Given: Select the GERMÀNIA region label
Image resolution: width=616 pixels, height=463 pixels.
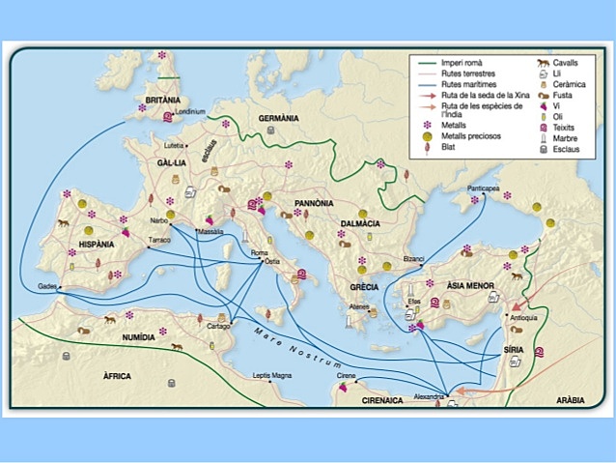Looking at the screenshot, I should pos(280,118).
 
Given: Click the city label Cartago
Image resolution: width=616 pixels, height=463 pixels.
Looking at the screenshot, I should pos(219,327).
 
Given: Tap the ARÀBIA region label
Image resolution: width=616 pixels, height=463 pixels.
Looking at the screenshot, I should pos(570,399).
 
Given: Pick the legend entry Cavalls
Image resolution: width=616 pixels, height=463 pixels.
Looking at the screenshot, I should pos(565,61).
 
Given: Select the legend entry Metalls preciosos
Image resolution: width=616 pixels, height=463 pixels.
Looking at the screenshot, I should pos(469,137).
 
